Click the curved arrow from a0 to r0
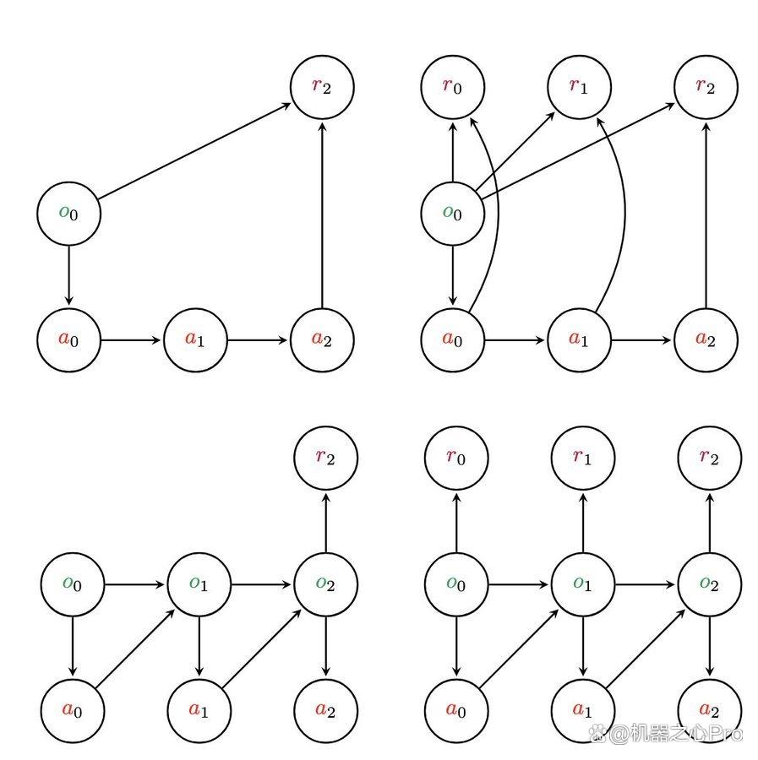tap(499, 214)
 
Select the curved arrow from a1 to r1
tap(624, 214)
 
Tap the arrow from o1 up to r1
tap(583, 523)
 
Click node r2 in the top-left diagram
tap(322, 87)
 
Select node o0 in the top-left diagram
tap(68, 214)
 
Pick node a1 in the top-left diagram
tap(195, 339)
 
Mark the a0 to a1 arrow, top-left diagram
tap(130, 339)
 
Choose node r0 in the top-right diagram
tap(452, 87)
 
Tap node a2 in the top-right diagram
tap(706, 339)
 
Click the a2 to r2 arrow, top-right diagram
tap(706, 215)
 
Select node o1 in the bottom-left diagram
tap(199, 584)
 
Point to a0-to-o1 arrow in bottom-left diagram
tap(135, 649)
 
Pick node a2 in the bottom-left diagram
tap(326, 711)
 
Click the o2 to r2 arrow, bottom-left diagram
tap(326, 523)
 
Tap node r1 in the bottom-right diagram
tap(583, 458)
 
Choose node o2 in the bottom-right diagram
tap(710, 584)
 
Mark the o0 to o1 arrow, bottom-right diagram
tap(518, 584)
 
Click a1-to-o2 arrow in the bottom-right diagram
tap(646, 649)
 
